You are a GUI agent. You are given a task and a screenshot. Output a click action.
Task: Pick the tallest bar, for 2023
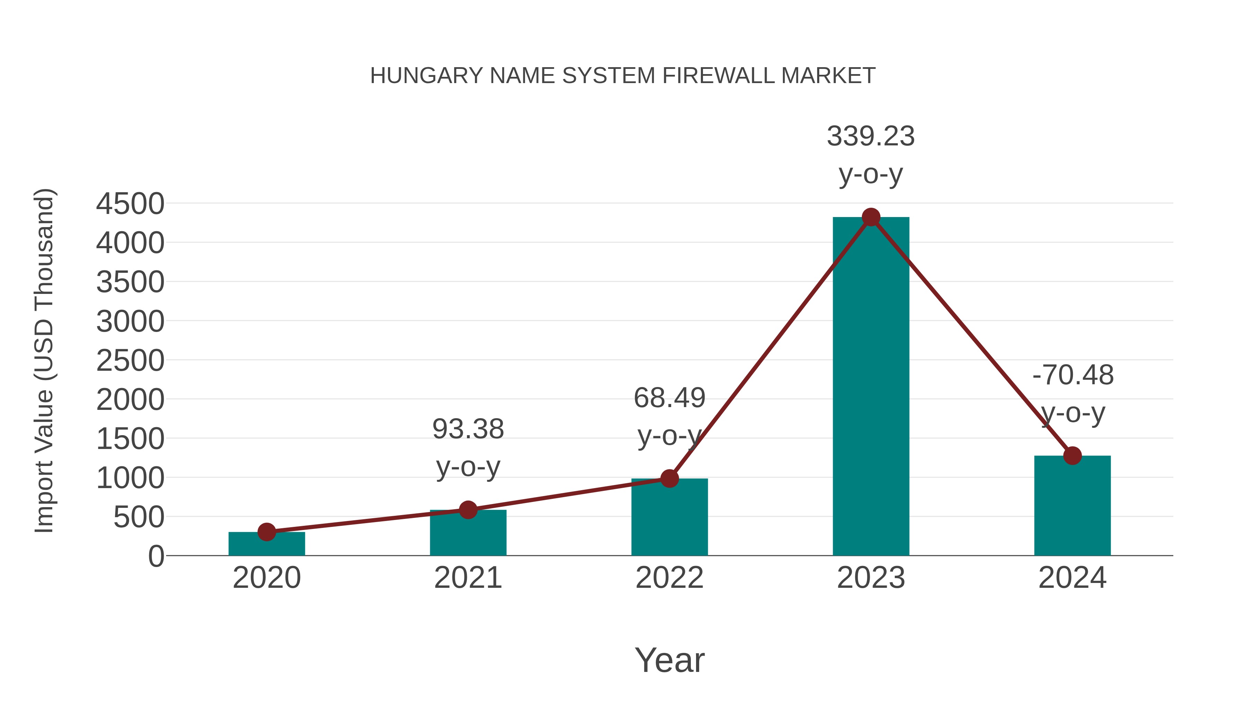871,387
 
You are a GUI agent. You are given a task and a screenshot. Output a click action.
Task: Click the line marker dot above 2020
267,532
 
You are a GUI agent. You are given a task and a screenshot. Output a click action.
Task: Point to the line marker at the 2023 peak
871,217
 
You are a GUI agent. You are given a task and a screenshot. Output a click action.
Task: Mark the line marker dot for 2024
1072,456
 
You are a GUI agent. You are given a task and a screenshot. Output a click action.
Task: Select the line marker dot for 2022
669,478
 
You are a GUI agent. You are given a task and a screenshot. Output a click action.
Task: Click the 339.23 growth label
871,136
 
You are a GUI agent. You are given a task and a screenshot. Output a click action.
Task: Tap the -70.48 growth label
1073,375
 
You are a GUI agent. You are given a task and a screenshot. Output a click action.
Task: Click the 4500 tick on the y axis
130,204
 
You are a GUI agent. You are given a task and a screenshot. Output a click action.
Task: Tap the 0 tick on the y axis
156,556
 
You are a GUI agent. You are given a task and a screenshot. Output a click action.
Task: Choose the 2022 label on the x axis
669,578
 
